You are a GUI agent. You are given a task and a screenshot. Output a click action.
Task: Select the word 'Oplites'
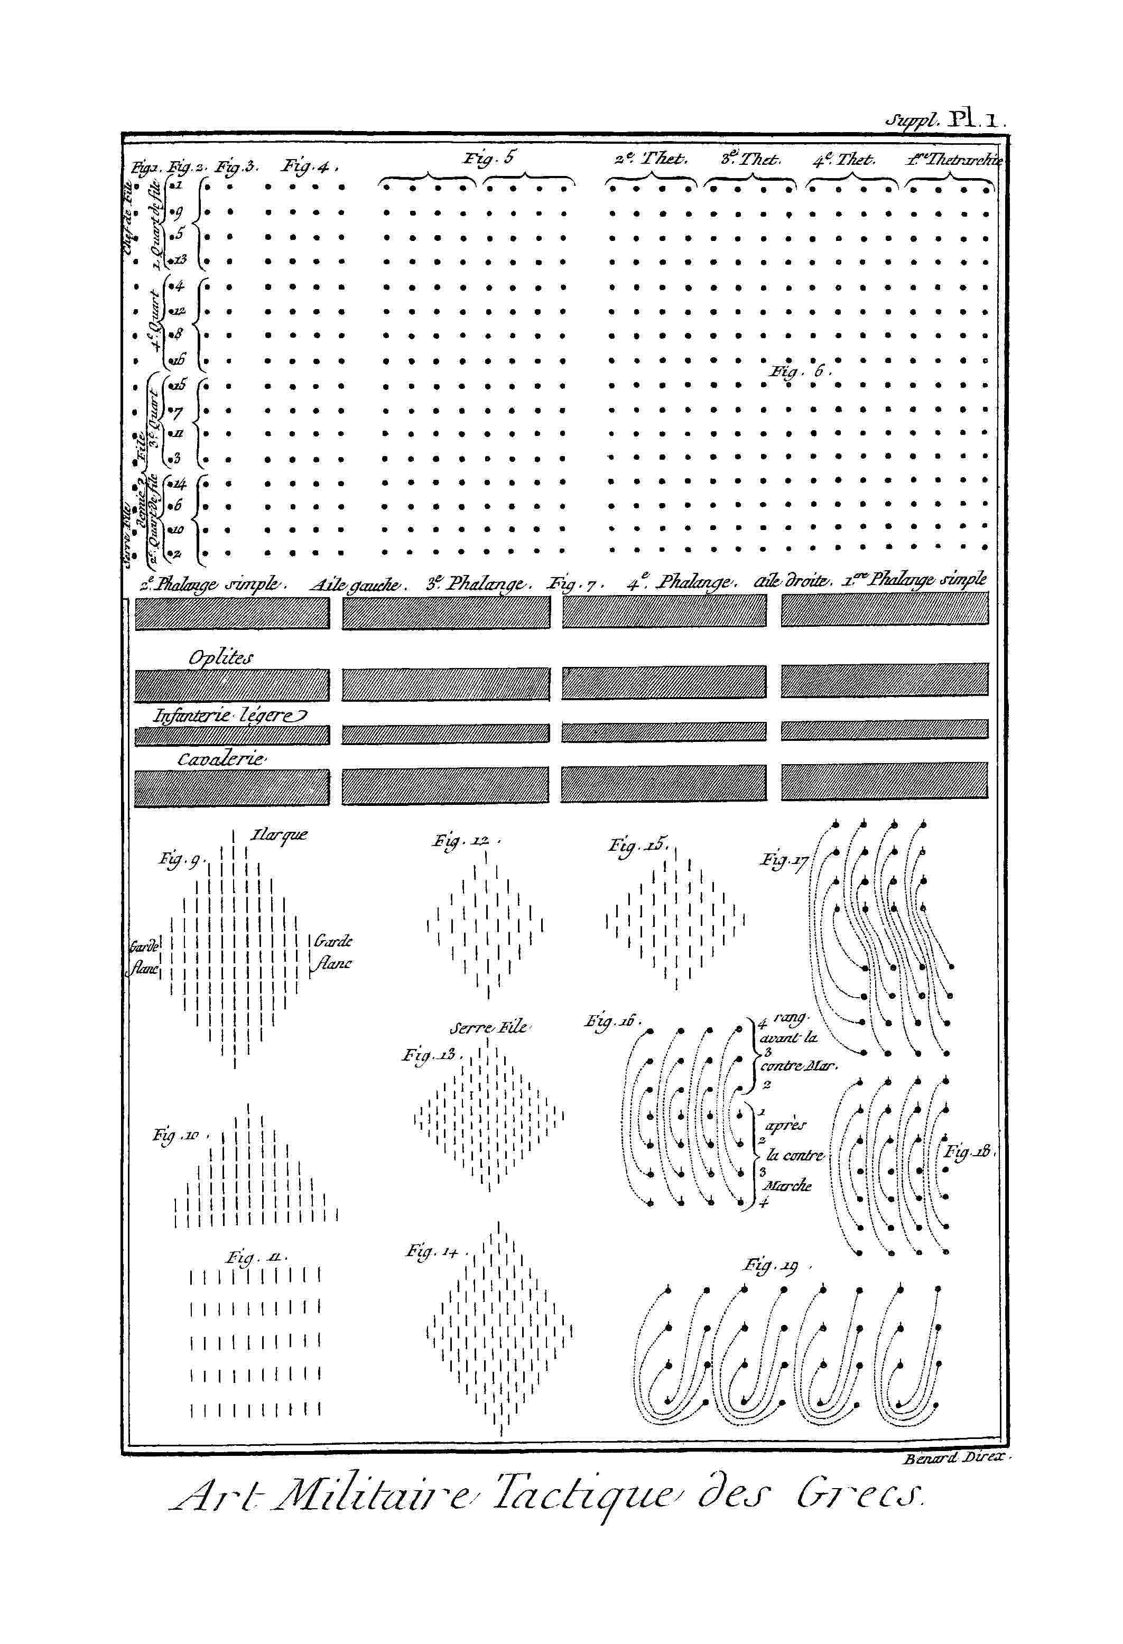tap(220, 657)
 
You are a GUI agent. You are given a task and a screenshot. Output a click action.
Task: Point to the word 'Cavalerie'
tap(221, 759)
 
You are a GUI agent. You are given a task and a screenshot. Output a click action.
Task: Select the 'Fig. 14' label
tap(432, 1251)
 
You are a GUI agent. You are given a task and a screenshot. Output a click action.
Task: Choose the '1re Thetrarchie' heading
tap(954, 160)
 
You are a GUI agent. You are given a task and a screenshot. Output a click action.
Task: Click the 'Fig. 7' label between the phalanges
tap(573, 584)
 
